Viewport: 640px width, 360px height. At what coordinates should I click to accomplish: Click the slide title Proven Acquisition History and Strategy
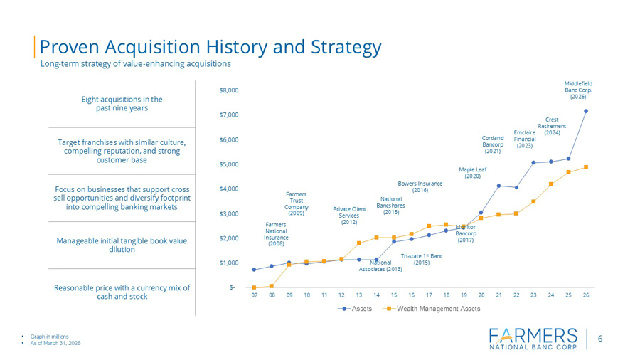point(210,47)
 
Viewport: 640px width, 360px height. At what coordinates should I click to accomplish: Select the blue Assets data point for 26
point(586,111)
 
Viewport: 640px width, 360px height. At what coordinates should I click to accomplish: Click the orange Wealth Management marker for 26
point(586,167)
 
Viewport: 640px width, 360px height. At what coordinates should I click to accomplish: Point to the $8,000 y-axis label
point(229,90)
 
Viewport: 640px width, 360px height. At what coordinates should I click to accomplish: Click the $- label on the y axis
point(232,287)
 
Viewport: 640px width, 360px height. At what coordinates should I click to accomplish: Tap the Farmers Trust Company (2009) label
point(297,203)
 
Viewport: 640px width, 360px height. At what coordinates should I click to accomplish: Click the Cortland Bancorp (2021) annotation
point(493,144)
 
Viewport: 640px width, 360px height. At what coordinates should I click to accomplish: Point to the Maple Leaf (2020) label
point(472,173)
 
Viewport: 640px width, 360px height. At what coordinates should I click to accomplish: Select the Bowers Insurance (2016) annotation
point(420,186)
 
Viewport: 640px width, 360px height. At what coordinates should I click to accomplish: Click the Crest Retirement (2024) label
point(552,126)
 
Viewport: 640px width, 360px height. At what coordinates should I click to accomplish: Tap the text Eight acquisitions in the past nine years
point(122,104)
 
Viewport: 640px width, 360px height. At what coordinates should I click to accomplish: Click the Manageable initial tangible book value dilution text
point(122,245)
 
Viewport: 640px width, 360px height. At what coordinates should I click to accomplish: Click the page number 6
point(600,339)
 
